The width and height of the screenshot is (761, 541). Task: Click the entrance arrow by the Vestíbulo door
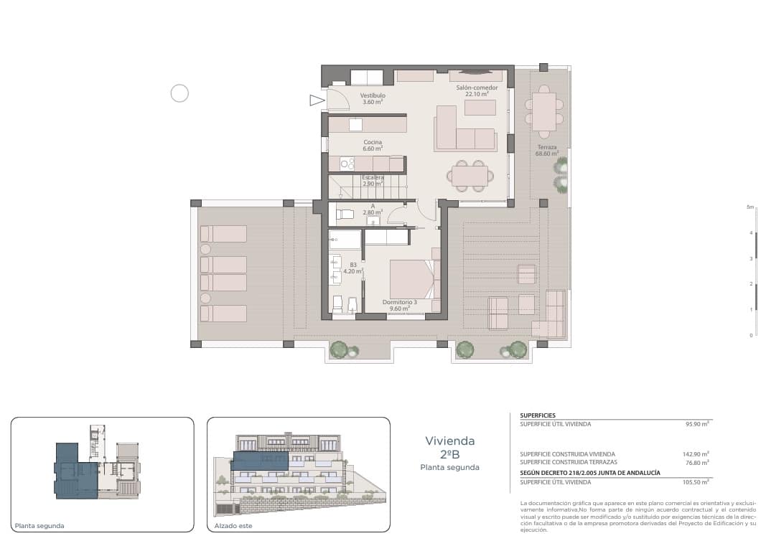tap(317, 100)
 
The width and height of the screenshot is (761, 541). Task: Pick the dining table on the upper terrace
tap(543, 111)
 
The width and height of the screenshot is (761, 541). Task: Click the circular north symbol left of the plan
tap(179, 93)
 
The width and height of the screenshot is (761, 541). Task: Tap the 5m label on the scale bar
tap(750, 207)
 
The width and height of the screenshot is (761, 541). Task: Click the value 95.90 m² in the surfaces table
tap(697, 424)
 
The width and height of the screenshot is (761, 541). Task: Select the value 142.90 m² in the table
tap(695, 454)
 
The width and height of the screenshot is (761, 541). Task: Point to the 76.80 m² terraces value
tap(696, 463)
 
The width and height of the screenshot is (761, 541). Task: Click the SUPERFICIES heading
tap(538, 415)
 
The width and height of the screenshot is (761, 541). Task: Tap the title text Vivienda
tap(449, 441)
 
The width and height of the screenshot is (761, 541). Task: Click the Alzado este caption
tap(230, 525)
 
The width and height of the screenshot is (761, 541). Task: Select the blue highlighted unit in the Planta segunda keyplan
tap(75, 470)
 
